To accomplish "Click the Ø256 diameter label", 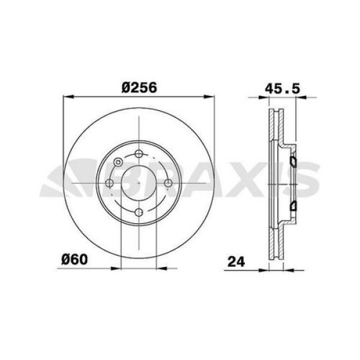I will (x=139, y=86).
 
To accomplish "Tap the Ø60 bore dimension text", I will (x=75, y=260).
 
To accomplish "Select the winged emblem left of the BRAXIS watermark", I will (x=63, y=180).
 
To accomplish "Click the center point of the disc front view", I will (x=139, y=183).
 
